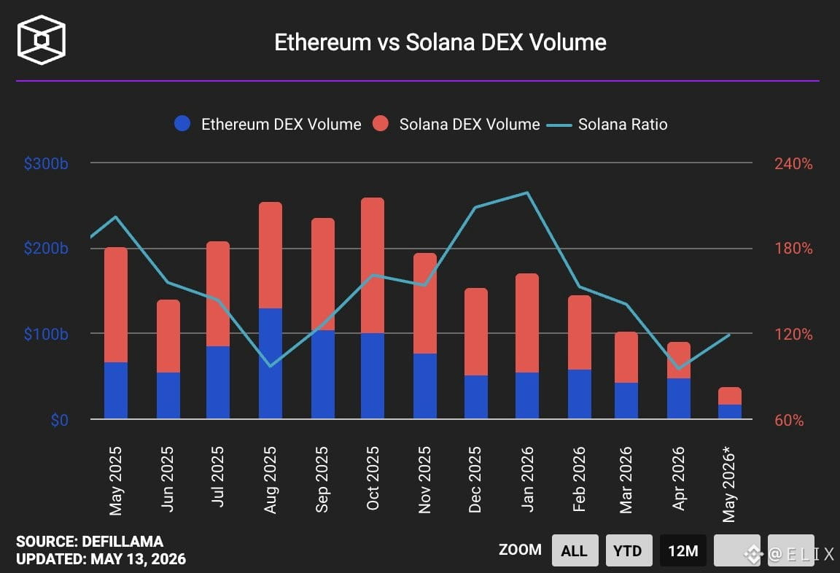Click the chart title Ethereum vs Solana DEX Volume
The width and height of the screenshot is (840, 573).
click(x=440, y=42)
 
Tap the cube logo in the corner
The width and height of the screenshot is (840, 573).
click(x=42, y=39)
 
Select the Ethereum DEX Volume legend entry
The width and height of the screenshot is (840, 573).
click(x=268, y=124)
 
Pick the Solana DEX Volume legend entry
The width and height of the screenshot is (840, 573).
click(x=456, y=124)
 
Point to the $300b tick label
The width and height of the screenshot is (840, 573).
click(x=46, y=163)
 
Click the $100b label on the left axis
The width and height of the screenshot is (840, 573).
click(x=46, y=334)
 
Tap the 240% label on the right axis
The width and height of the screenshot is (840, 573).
click(x=793, y=163)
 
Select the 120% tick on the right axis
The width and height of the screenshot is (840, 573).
click(x=793, y=334)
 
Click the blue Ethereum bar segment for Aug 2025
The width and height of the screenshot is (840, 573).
click(x=271, y=364)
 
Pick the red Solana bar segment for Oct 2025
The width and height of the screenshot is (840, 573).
click(x=373, y=265)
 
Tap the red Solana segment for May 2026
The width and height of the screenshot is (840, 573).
click(x=730, y=396)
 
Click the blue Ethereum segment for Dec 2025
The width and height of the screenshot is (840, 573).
click(x=475, y=397)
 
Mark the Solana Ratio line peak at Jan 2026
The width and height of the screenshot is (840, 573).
click(x=527, y=192)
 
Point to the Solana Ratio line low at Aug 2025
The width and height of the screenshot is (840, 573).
click(x=271, y=366)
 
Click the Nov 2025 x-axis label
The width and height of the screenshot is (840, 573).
click(x=424, y=480)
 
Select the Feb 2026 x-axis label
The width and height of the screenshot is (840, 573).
click(x=578, y=479)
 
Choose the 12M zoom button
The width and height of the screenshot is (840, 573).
click(x=683, y=550)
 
